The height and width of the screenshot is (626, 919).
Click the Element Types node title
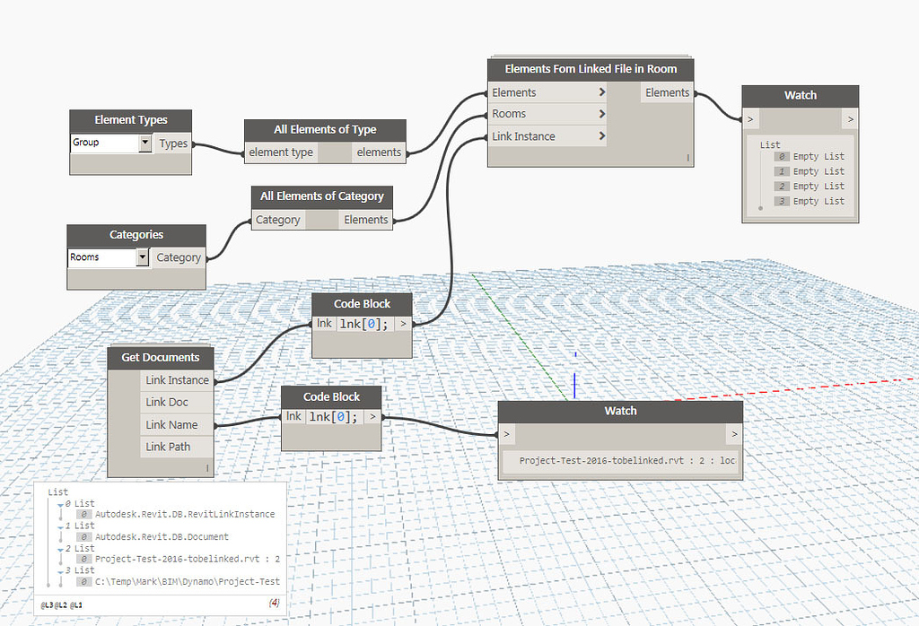131,119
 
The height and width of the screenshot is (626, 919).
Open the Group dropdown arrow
145,143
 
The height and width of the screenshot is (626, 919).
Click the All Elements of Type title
325,129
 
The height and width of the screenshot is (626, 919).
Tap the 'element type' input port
281,152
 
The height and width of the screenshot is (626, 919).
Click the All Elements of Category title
321,196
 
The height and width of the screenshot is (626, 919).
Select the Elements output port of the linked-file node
667,92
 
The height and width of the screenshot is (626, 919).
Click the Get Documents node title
160,357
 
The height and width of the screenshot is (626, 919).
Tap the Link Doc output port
168,402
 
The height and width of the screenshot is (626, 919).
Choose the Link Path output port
168,447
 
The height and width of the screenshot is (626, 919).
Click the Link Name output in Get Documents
171,424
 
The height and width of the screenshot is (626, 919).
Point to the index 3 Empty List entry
818,201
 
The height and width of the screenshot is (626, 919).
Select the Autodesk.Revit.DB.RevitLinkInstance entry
185,515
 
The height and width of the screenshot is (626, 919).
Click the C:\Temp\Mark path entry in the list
187,581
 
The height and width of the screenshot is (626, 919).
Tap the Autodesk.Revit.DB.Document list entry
162,537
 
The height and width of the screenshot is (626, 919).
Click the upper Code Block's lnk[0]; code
363,325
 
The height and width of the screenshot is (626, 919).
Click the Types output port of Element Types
173,143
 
